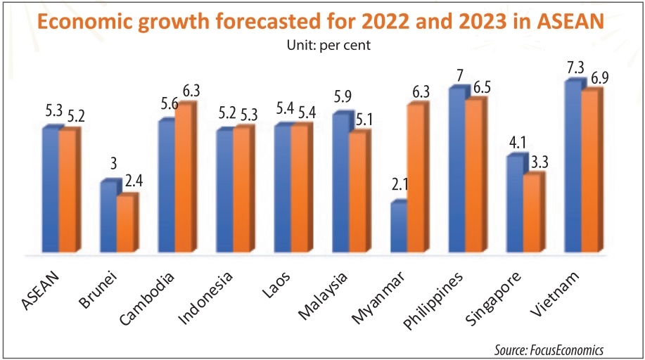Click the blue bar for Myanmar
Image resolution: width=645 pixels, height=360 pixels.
[398, 227]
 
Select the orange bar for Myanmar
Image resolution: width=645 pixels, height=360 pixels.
[415, 179]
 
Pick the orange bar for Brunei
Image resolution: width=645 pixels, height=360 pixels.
[125, 224]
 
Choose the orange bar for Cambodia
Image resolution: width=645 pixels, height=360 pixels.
[183, 179]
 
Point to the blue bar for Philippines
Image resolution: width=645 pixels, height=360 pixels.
[456, 170]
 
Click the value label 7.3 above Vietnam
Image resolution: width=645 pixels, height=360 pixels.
[575, 68]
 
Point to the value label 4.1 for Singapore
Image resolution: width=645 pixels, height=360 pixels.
[517, 143]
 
